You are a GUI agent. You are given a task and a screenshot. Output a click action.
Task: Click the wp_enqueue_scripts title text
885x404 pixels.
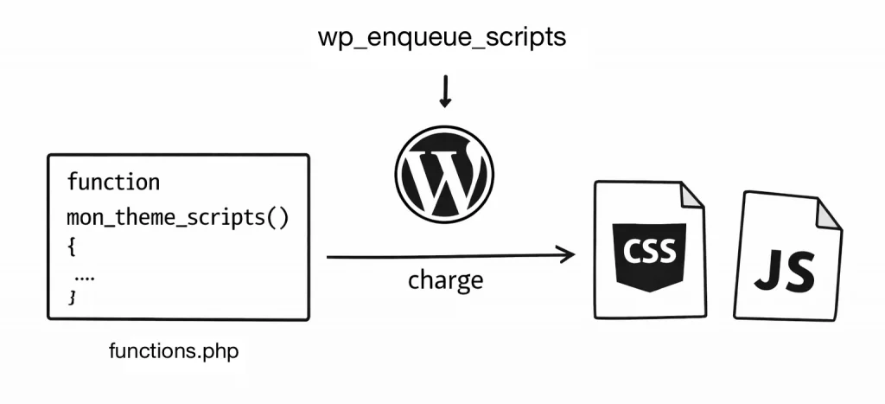[x=442, y=39]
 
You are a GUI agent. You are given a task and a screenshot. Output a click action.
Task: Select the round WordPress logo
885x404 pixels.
[x=444, y=179]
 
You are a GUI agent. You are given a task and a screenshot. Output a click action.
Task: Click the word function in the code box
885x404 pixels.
[x=113, y=183]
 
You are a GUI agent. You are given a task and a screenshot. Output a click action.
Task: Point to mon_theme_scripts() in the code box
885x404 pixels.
[x=177, y=216]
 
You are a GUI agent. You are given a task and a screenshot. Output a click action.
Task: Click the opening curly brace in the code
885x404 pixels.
[x=72, y=247]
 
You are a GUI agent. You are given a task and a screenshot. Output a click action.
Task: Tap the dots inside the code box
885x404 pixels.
[x=85, y=277]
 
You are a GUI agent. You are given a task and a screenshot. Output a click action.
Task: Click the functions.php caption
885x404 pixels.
[x=174, y=351]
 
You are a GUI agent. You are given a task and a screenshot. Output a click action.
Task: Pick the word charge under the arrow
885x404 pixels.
[x=445, y=280]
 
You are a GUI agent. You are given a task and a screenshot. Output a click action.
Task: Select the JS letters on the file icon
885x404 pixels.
[x=784, y=271]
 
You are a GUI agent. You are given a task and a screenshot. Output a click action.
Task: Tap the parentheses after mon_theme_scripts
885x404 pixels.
[x=278, y=216]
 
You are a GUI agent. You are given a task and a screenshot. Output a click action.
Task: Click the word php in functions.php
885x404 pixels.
[x=221, y=351]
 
